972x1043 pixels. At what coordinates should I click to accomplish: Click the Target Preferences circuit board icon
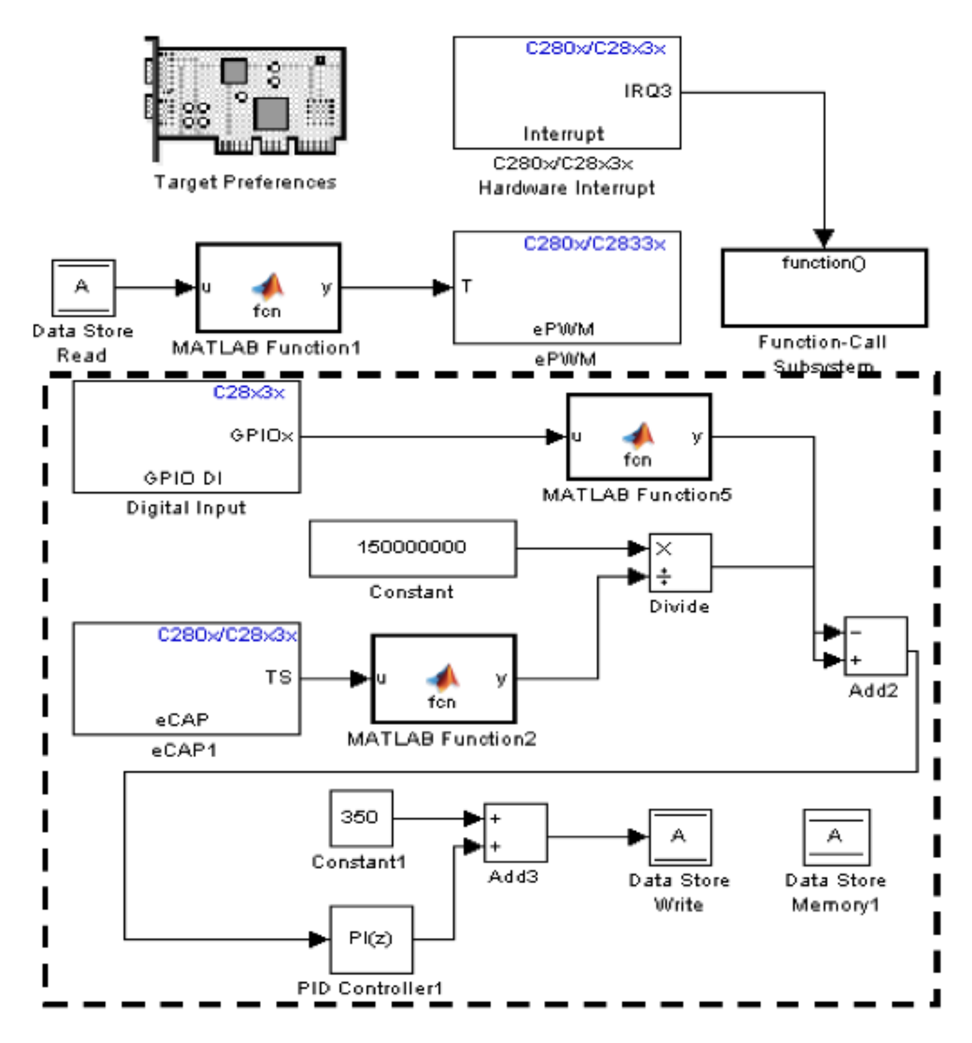tap(246, 99)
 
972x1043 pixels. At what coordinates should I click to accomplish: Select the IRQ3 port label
tap(647, 91)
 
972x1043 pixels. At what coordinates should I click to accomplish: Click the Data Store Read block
tap(83, 288)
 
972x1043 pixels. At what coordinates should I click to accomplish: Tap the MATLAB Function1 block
tap(268, 288)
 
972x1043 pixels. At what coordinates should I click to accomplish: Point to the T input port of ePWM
tap(467, 286)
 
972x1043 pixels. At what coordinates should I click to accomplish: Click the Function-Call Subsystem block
tap(823, 288)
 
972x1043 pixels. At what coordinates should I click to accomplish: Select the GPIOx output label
tap(261, 436)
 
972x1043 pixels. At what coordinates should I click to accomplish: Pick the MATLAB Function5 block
tap(639, 437)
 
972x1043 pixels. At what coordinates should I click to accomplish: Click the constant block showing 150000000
tap(412, 548)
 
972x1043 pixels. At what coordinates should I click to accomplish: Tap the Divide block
tap(680, 562)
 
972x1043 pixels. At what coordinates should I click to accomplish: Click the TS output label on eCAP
tap(278, 677)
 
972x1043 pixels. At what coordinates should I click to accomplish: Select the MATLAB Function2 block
tap(443, 679)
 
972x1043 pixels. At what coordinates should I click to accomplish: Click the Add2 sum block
tap(875, 646)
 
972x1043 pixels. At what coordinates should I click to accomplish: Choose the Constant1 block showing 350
tap(361, 818)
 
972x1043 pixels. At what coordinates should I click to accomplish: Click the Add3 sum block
tap(515, 832)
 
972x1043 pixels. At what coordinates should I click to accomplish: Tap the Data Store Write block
tap(679, 837)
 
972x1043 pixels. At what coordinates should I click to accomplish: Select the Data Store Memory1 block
tap(835, 837)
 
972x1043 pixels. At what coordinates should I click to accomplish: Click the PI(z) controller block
tap(371, 939)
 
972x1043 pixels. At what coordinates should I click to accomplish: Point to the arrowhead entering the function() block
tap(823, 238)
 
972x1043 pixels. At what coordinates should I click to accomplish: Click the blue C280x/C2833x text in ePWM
tap(594, 244)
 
